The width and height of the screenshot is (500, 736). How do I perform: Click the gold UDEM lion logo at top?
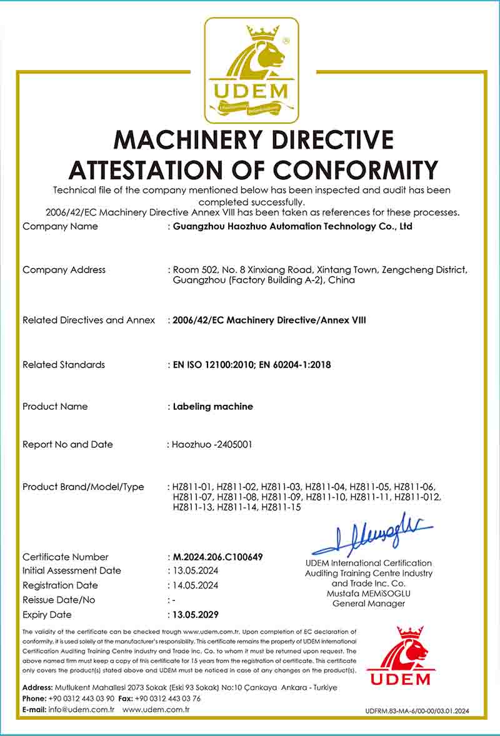coord(251,70)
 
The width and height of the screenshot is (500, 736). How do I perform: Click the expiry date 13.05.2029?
coord(196,614)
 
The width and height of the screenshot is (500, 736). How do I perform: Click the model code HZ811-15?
coord(281,507)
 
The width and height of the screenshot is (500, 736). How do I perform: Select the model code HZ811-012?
coord(418,497)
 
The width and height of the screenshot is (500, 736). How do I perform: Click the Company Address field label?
coord(64,270)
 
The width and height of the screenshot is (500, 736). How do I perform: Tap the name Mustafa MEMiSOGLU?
coord(368,593)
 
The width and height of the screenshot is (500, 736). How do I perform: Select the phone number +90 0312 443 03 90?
coord(81,699)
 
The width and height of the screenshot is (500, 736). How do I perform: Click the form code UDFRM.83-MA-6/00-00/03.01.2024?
coord(417,711)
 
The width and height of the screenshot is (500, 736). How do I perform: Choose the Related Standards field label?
coord(64,365)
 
